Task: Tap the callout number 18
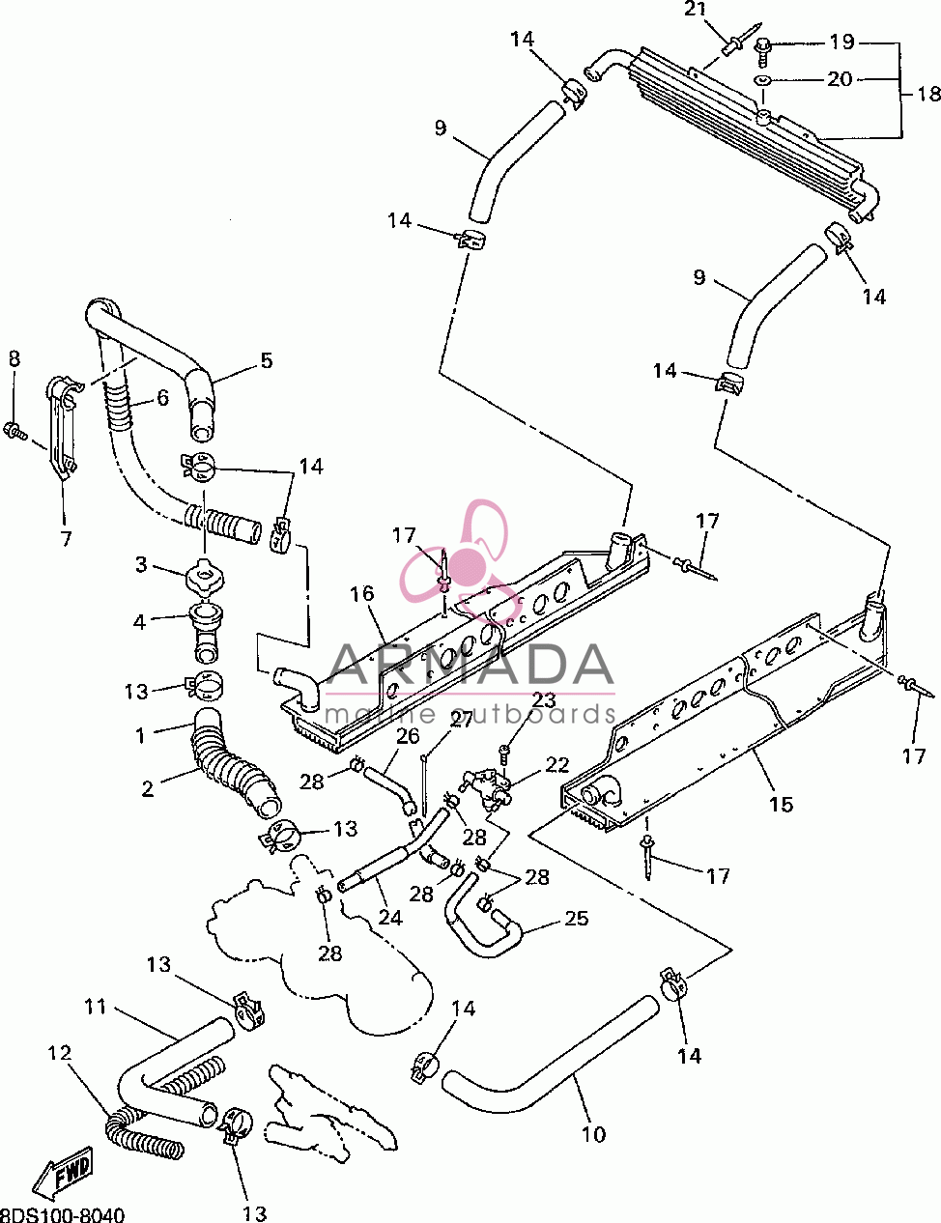928,93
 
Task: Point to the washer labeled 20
762,80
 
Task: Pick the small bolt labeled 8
14,431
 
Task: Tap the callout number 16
362,593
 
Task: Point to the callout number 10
593,1134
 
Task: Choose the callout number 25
576,919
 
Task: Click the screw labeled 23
504,753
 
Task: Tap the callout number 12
60,1052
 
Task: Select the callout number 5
267,360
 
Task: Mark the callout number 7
66,539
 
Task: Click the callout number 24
390,918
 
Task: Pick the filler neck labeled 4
206,632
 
